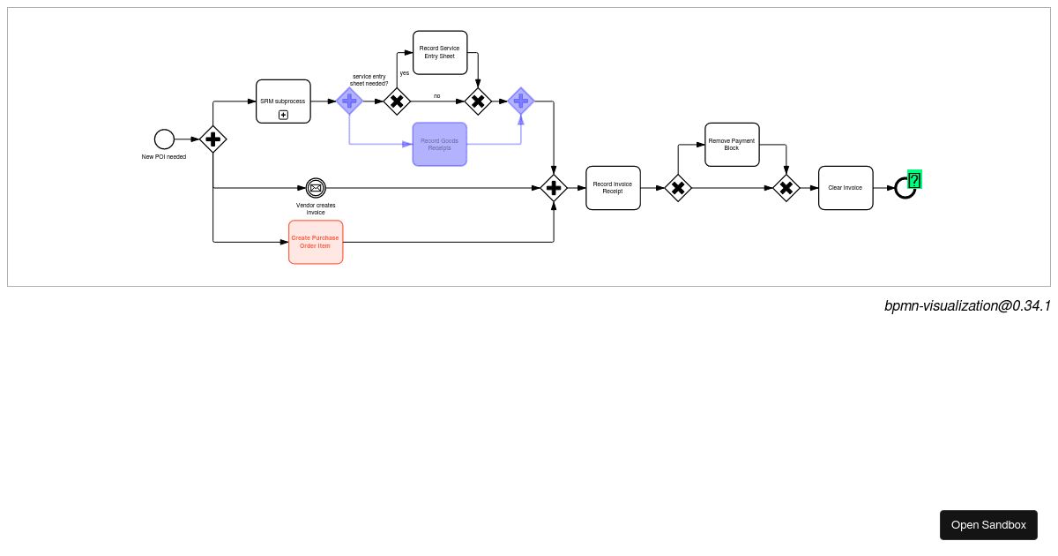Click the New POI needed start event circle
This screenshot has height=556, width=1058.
164,139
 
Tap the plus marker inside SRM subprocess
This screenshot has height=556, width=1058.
283,115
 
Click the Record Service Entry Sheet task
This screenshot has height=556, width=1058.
440,53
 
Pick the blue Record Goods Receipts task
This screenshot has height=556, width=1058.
439,144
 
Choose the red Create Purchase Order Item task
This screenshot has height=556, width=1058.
316,242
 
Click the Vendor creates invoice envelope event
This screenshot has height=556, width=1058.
316,188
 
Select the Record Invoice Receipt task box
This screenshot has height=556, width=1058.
613,188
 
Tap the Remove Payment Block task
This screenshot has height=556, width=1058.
732,145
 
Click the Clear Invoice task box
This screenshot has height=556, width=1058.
846,188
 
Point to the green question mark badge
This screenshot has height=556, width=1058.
914,180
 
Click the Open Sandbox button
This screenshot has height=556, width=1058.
988,525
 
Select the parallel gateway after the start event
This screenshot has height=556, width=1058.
213,139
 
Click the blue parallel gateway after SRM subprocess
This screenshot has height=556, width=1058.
349,101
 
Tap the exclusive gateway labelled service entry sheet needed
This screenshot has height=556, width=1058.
397,101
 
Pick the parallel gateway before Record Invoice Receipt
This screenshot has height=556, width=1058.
554,188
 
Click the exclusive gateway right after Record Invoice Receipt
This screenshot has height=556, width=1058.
678,188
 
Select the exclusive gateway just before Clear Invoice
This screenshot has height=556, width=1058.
786,188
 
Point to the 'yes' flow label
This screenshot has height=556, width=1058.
405,73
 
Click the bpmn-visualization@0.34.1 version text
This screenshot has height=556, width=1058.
967,306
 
